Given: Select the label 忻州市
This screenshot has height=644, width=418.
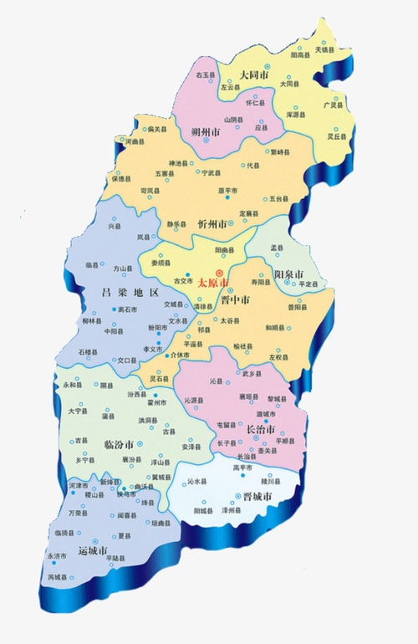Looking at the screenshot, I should (213, 225).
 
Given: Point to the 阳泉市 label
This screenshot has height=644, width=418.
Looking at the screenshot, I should (289, 274).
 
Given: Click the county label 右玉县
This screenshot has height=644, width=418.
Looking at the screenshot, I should (206, 75).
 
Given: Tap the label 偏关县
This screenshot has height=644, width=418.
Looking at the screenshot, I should (157, 129).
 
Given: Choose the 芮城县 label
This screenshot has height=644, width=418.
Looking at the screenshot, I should (58, 578).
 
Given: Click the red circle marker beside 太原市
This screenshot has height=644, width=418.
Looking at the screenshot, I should (220, 273).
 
